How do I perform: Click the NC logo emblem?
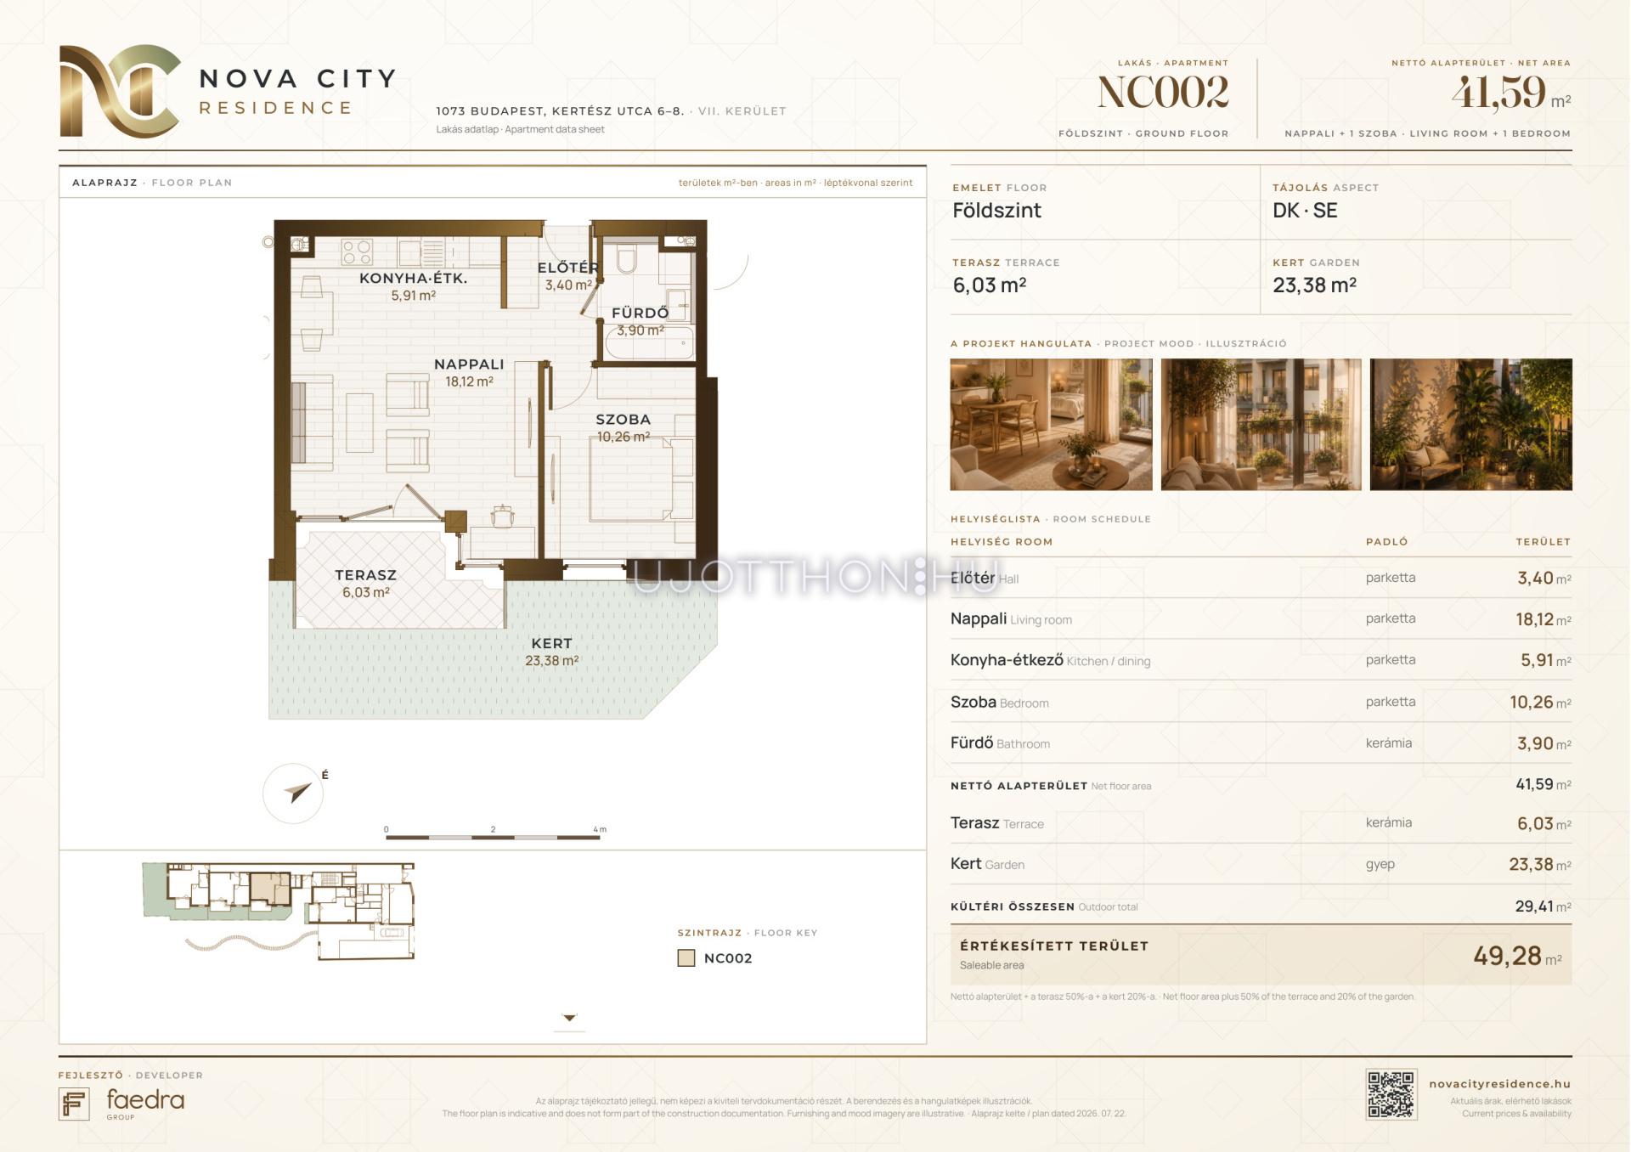pos(120,91)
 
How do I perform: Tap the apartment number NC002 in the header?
pos(1163,93)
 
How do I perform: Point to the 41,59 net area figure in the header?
pos(1498,93)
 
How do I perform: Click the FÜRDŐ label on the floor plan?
pos(640,313)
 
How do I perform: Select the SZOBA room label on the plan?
pos(623,419)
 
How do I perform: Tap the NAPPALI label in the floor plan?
pos(469,364)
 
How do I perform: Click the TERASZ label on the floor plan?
pos(365,574)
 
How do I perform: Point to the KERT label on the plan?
pos(551,643)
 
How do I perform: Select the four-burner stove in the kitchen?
pos(357,251)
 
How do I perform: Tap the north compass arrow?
pos(298,793)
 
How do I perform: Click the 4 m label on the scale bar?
pos(600,829)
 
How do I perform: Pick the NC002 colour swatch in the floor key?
pos(686,958)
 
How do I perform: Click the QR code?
pos(1391,1094)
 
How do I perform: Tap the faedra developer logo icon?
pos(74,1104)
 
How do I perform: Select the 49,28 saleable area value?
pos(1507,956)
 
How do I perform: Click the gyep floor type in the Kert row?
pos(1380,864)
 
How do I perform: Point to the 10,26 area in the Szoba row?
pos(1532,702)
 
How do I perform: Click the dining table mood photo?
pos(1051,424)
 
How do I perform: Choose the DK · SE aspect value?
pos(1305,211)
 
